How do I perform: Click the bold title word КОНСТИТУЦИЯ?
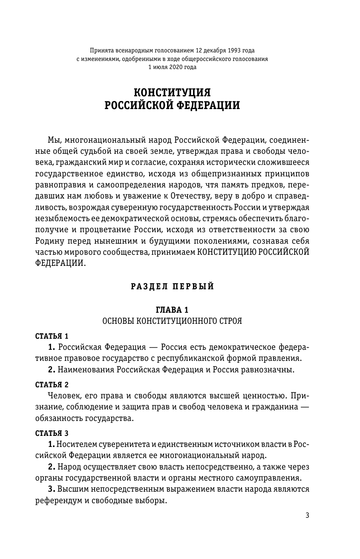tap(173, 92)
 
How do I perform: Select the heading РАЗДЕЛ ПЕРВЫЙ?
tap(173, 287)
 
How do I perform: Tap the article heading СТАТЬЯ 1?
tap(52, 336)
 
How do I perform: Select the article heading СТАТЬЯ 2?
tap(52, 384)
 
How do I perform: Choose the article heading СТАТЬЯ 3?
tap(52, 434)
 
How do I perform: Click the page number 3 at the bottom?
tap(308, 515)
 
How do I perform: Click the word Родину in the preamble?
tap(50, 242)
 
